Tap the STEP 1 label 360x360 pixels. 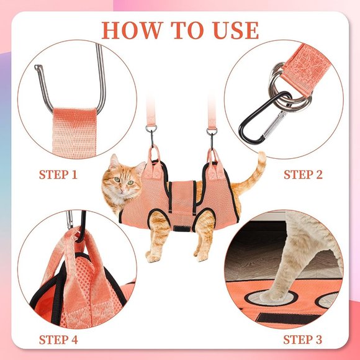[58, 175]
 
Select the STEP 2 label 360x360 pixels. [303, 175]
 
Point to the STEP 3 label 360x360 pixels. [303, 340]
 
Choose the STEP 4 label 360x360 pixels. [58, 340]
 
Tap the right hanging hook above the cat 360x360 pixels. [212, 138]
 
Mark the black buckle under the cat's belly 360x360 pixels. [181, 228]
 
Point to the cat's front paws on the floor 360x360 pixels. [153, 256]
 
